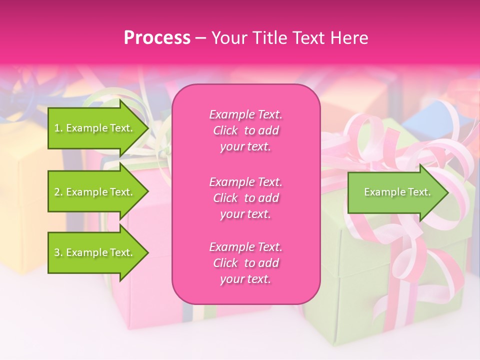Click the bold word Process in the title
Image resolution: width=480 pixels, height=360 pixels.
click(157, 38)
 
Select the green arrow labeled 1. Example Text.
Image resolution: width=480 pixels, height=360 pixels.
click(95, 128)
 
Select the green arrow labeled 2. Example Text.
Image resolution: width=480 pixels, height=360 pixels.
click(95, 192)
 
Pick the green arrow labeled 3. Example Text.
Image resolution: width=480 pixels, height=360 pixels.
click(95, 252)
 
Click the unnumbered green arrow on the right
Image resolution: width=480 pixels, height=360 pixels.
click(395, 192)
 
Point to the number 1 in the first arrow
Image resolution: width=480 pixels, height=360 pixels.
click(57, 128)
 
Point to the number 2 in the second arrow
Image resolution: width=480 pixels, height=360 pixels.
click(57, 192)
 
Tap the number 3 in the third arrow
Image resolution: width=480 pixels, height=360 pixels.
click(57, 252)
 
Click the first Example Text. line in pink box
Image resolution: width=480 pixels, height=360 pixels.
click(245, 114)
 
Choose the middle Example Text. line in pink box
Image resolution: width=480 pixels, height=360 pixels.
click(245, 181)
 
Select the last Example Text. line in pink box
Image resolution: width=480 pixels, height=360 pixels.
click(245, 247)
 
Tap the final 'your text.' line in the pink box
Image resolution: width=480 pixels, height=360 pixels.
click(245, 279)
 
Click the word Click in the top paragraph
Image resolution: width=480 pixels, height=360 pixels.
click(225, 131)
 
